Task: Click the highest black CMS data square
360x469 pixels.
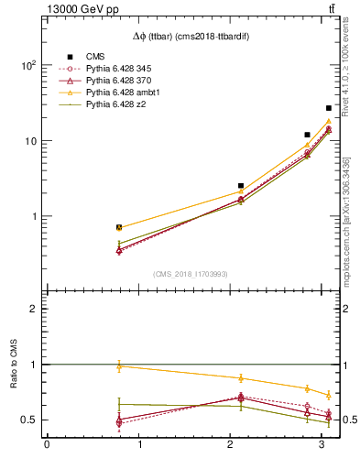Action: (x=329, y=108)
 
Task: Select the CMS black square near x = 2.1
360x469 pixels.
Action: (x=241, y=186)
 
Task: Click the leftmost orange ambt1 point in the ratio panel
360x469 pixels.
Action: (x=119, y=365)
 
